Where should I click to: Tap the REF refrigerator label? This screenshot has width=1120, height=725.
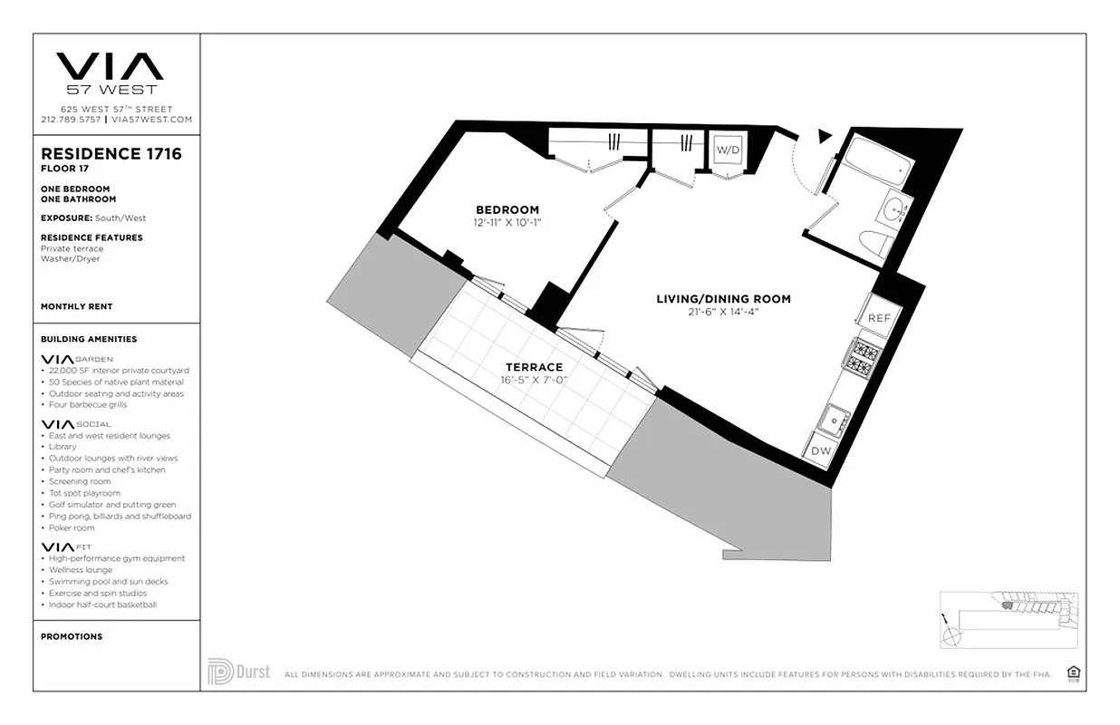point(879,318)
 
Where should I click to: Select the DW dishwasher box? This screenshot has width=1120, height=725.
point(820,450)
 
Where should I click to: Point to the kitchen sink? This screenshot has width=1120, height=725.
point(832,420)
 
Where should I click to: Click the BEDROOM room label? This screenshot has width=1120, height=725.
point(507,210)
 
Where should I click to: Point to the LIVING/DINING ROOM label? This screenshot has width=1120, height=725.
point(723,299)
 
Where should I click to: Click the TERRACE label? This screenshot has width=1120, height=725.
point(534,367)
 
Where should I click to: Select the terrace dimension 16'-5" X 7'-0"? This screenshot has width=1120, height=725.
point(534,380)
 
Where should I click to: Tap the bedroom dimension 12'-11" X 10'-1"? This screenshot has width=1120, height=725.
point(507,222)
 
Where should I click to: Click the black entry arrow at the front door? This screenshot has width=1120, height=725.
point(824,136)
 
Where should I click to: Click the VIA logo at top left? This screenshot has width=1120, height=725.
point(111,67)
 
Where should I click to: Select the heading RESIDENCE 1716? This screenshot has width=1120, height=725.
point(111,154)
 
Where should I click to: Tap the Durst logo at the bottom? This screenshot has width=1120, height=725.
point(238,672)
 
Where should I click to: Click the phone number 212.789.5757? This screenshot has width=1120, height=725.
point(71,120)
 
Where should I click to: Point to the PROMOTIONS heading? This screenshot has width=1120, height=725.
point(72,636)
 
